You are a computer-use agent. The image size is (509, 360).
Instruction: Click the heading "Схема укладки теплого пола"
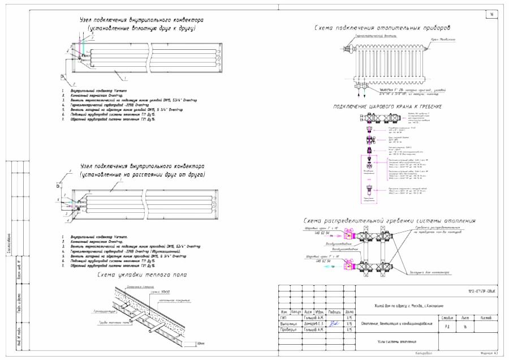tap(142, 275)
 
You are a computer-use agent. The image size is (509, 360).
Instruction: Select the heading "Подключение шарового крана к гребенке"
tap(387, 106)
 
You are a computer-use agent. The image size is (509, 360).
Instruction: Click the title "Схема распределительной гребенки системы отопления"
tap(390, 221)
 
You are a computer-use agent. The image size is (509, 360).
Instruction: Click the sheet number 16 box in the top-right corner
tap(491, 15)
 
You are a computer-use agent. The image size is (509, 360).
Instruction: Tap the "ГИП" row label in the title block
tap(283, 318)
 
